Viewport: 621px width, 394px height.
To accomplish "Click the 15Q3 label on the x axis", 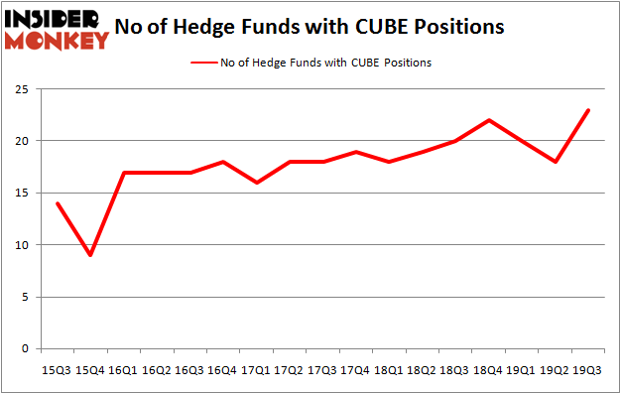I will (x=57, y=369).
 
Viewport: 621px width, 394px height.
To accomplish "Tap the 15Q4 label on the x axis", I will (x=90, y=369).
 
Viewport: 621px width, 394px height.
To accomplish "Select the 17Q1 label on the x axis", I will (x=256, y=369).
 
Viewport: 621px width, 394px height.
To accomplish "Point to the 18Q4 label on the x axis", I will (x=489, y=369).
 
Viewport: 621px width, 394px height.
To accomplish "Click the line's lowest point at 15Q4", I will (x=90, y=255).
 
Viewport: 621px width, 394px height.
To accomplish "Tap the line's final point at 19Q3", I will (x=589, y=110).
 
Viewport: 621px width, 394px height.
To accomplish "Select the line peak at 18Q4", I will (x=489, y=120).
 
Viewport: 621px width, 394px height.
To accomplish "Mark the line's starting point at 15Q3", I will (x=57, y=203).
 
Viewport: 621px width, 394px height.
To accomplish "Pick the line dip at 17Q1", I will (x=256, y=183).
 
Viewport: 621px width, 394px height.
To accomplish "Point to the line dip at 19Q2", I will (x=556, y=162).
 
